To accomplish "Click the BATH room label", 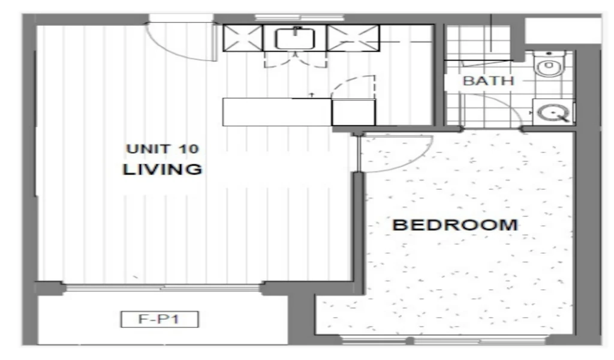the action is click(488, 80).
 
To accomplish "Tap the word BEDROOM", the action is click(455, 225).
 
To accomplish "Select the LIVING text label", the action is click(162, 169).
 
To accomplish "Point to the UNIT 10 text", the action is click(162, 149).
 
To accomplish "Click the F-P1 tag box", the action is click(159, 319).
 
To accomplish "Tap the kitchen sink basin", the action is click(295, 38).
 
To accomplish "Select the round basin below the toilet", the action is click(553, 113).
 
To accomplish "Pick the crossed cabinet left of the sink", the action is click(243, 38).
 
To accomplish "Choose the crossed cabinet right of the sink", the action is click(353, 38).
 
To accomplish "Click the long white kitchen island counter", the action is click(277, 112).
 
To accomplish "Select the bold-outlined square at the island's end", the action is click(353, 112).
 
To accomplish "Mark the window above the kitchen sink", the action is click(300, 17).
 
